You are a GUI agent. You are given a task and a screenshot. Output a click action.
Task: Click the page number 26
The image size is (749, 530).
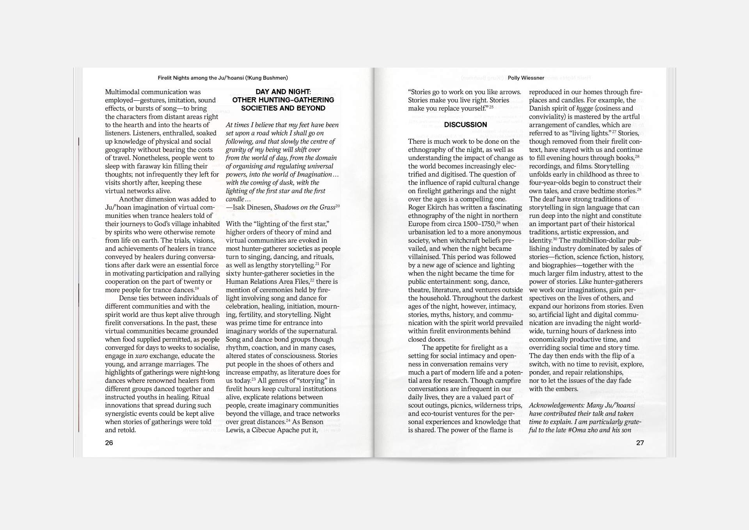pos(109,443)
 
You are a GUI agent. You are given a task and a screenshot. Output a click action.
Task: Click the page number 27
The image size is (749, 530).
pos(640,443)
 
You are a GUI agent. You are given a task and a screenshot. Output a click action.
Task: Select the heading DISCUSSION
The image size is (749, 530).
pos(465,124)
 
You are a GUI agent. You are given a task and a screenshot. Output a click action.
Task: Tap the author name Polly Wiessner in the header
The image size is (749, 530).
pos(526,78)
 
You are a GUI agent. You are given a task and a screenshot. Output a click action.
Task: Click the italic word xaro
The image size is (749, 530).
pos(142,356)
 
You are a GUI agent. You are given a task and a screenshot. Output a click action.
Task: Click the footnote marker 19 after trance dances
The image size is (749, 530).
pos(197,289)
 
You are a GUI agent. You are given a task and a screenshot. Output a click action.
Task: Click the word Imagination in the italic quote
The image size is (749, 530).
pos(312,174)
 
